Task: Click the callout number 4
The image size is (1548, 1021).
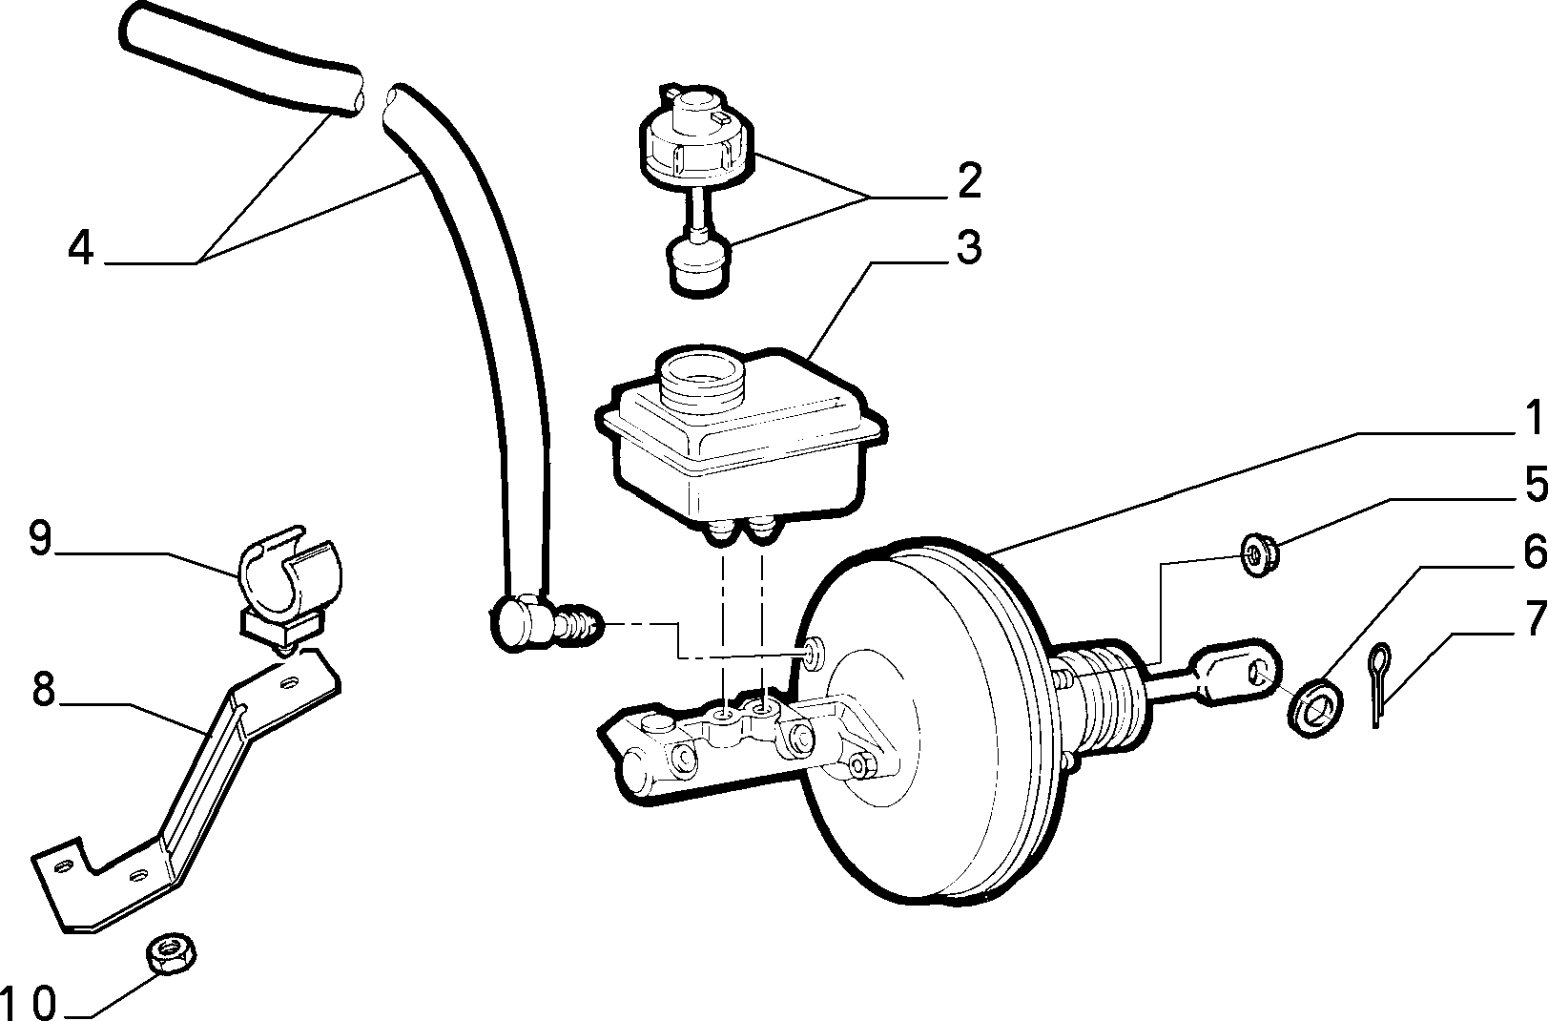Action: [81, 248]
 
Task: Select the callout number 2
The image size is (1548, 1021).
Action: [970, 181]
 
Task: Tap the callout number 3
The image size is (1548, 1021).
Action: [969, 247]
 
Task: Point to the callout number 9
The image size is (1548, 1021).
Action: [41, 538]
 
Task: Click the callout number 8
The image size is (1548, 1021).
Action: [44, 689]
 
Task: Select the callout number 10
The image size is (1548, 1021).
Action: [29, 1003]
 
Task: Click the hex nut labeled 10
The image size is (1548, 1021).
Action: [171, 954]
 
